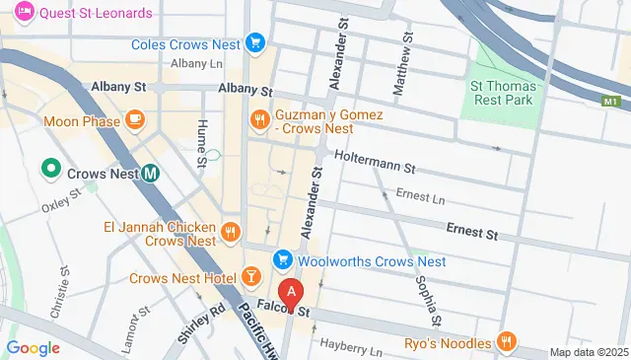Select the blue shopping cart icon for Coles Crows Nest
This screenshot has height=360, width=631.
255,42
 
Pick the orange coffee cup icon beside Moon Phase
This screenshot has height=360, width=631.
135,121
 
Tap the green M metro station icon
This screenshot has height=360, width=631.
151,172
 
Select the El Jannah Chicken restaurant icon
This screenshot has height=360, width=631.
230,233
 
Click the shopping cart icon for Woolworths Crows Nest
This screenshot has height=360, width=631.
283,261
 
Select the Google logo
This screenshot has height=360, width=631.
33,347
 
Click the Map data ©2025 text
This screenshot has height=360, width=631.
588,352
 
